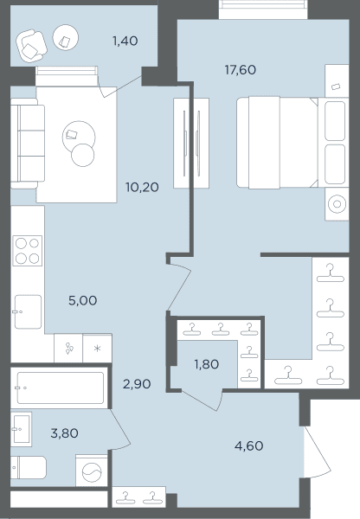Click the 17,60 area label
[x=240, y=70]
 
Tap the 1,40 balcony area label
[x=125, y=41]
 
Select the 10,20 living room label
[x=142, y=188]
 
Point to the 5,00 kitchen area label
[x=82, y=300]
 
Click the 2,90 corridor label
[x=137, y=384]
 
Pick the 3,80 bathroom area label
[x=64, y=433]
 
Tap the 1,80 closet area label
[x=206, y=364]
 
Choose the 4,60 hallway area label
[x=248, y=445]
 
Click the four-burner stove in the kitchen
[x=28, y=251]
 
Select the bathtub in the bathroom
[x=61, y=388]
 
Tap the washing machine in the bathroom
[x=92, y=471]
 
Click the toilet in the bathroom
[x=29, y=467]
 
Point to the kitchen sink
[x=29, y=311]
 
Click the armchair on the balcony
[x=31, y=46]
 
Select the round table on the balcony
[x=66, y=37]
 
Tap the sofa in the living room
[x=28, y=144]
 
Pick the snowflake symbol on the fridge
[x=98, y=349]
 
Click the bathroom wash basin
[x=21, y=429]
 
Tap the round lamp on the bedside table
[x=337, y=204]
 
